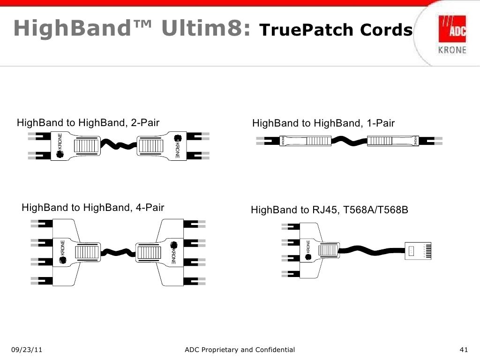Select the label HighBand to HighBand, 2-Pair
click(88, 123)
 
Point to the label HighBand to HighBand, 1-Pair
click(323, 123)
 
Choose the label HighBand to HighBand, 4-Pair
click(93, 207)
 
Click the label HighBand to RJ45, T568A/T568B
click(330, 210)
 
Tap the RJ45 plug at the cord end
click(420, 250)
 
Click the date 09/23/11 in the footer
click(27, 350)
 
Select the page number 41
click(465, 350)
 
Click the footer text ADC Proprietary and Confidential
click(240, 350)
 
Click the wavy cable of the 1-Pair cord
click(349, 141)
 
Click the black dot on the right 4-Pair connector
click(173, 245)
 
